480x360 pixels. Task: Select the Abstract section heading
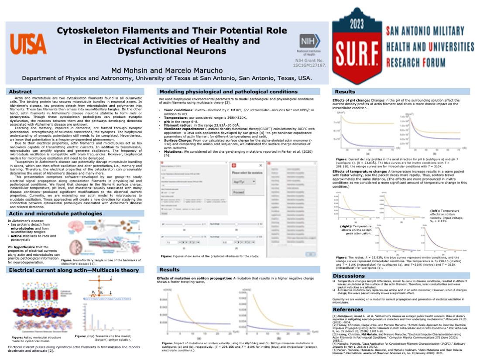pyautogui.click(x=21, y=92)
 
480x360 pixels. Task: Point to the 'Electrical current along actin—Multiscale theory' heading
pyautogui.click(x=74, y=271)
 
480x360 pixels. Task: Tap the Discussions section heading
pyautogui.click(x=350, y=276)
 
